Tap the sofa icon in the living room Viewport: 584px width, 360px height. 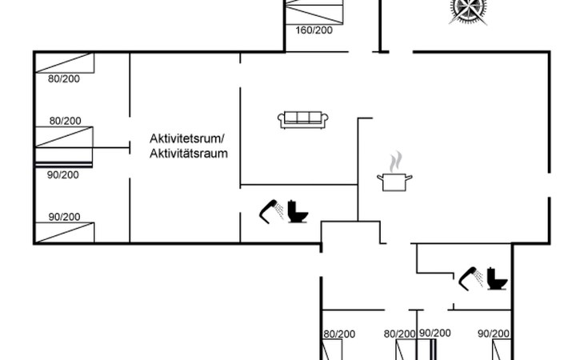303,120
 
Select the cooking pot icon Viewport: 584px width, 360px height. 394,181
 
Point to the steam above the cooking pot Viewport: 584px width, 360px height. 394,162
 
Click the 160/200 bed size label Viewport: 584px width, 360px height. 313,30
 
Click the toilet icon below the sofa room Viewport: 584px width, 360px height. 298,211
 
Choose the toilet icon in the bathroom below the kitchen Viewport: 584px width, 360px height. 496,278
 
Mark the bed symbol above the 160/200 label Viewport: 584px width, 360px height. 316,12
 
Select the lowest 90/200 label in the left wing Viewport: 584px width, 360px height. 64,216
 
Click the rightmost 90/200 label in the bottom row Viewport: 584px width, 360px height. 494,334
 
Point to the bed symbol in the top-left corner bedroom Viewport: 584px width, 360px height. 64,63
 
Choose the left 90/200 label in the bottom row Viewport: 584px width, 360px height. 435,334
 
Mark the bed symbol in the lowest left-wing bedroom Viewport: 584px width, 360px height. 64,232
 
